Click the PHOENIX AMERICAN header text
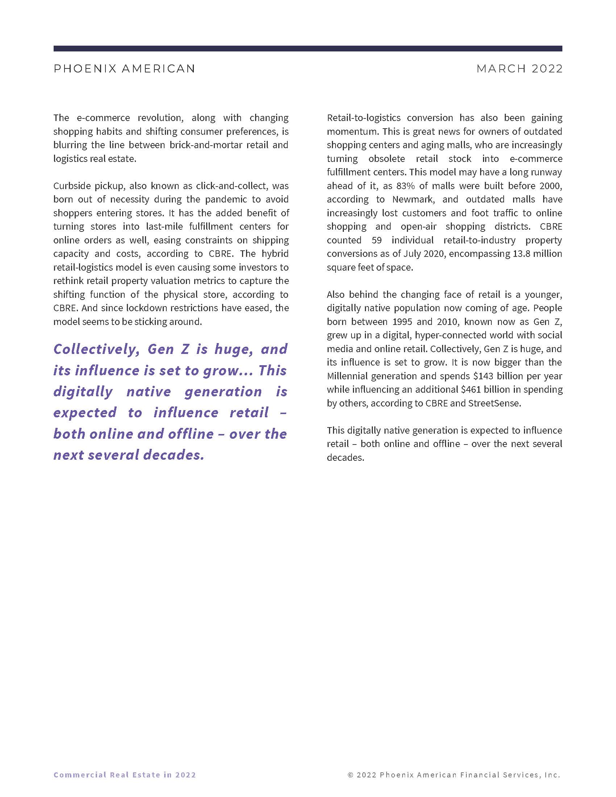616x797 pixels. tap(124, 68)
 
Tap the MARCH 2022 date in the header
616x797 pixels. tap(519, 68)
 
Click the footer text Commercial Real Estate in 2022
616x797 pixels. tap(124, 775)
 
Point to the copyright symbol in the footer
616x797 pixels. tap(351, 775)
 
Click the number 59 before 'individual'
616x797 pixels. tap(376, 240)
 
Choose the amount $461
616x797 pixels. tap(471, 389)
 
